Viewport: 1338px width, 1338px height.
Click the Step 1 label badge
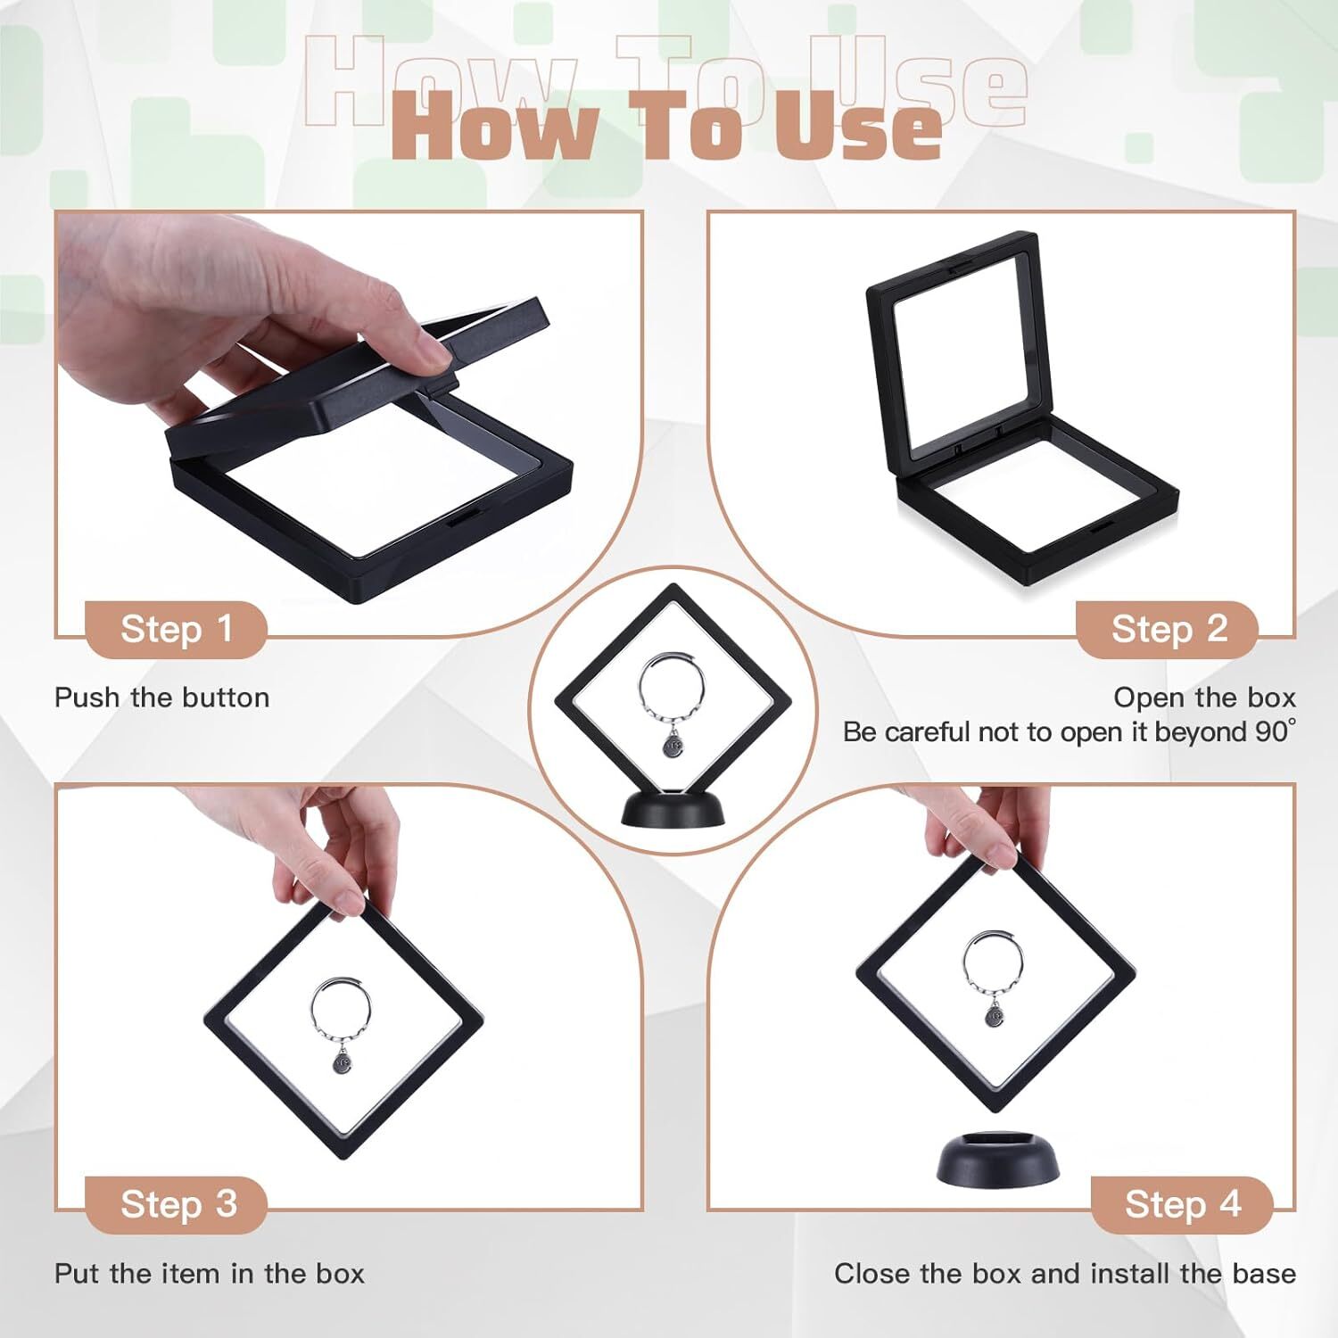176,630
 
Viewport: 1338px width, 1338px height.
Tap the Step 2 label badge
1169,630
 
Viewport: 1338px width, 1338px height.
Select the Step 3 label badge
178,1205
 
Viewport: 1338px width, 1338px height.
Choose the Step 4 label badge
1182,1205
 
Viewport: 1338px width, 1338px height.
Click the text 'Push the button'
161,698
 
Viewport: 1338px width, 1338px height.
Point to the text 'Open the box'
1204,698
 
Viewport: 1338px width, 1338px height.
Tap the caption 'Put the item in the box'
210,1274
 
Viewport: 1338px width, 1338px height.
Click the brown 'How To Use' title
666,129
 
